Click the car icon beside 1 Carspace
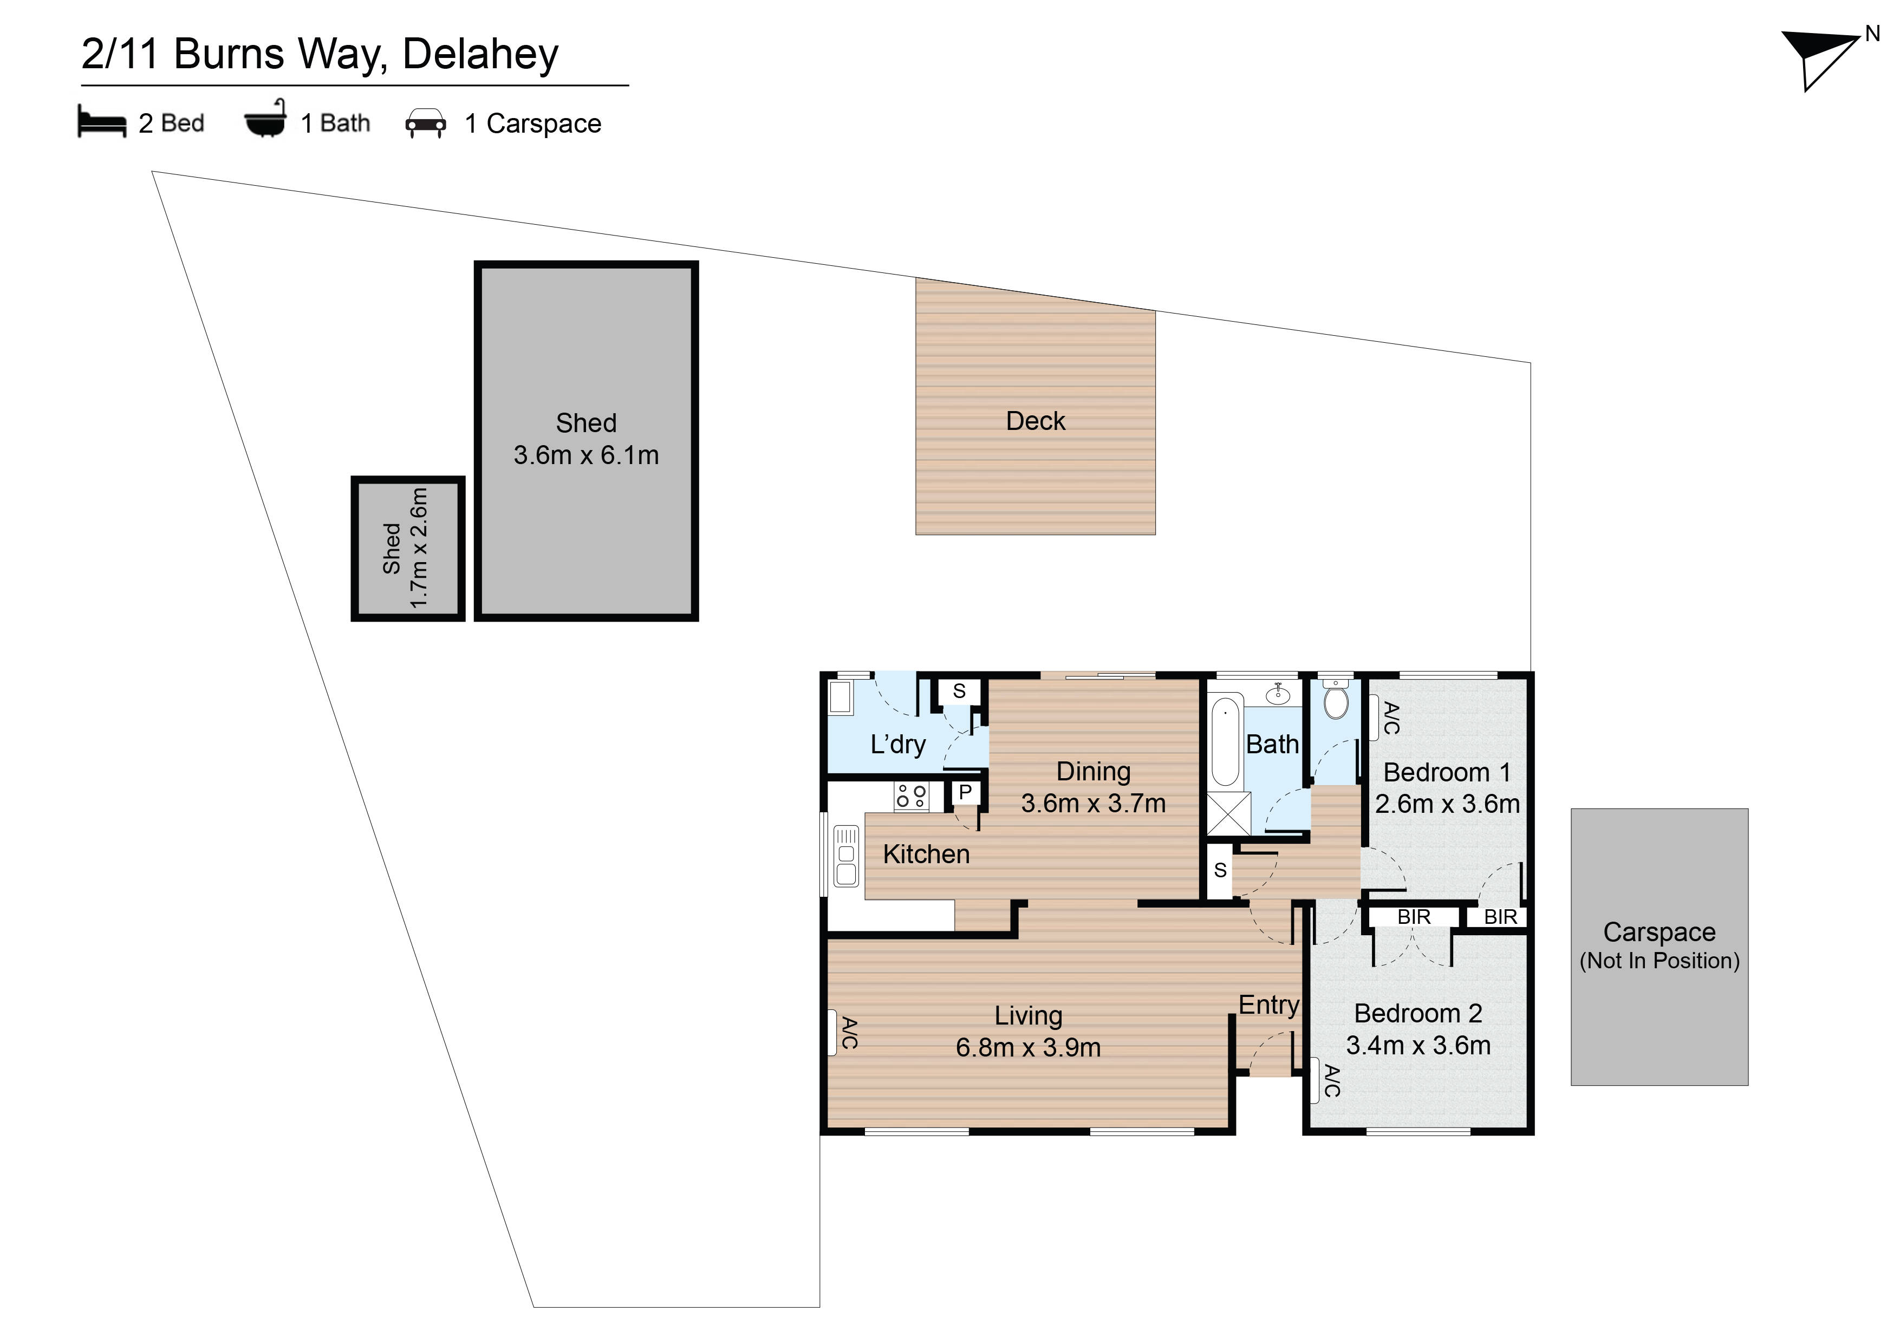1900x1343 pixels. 425,123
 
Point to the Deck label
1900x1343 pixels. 1035,421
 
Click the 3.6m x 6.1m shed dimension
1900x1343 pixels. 586,455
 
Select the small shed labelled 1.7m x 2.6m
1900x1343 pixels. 407,548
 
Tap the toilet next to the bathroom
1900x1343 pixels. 1336,699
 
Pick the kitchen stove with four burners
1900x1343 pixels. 911,796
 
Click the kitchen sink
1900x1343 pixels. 845,855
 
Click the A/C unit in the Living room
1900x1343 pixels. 832,1033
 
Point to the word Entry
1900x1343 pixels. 1268,1006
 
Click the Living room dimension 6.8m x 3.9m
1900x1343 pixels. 1028,1047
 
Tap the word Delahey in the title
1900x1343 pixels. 481,55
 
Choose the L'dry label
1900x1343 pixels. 898,745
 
